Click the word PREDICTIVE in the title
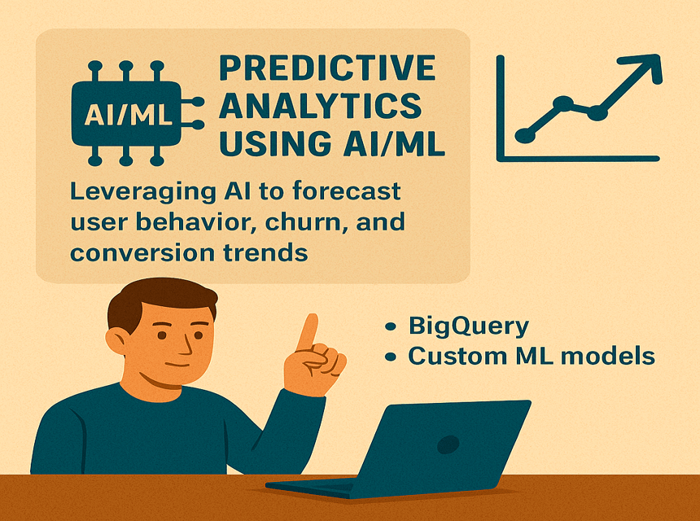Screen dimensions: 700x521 pos(327,68)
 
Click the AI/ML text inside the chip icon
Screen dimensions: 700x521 pos(128,114)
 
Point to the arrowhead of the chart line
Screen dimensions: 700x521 pos(646,68)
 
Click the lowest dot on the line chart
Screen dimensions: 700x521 pos(525,135)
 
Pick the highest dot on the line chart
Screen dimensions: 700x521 pos(563,103)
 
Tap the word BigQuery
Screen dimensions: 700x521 pos(469,326)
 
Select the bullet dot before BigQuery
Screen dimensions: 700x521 pos(391,326)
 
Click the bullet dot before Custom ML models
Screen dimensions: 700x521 pos(391,357)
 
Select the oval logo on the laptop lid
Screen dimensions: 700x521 pos(448,444)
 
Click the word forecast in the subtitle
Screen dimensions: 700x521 pos(347,191)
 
